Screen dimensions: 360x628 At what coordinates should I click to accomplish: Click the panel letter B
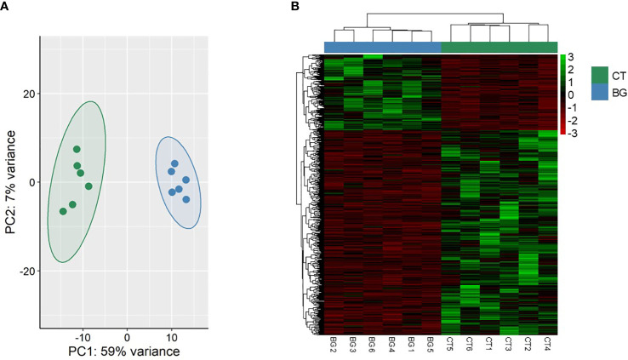pyautogui.click(x=295, y=7)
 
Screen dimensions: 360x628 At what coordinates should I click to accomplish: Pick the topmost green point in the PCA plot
pyautogui.click(x=77, y=150)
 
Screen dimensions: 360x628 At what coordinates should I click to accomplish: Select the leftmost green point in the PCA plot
pyautogui.click(x=63, y=211)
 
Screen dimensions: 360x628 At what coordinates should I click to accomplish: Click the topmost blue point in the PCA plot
pyautogui.click(x=174, y=163)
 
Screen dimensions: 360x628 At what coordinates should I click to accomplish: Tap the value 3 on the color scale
pyautogui.click(x=572, y=58)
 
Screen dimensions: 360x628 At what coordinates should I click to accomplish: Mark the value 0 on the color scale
pyautogui.click(x=572, y=94)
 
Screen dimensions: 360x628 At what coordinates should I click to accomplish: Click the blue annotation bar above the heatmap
pyautogui.click(x=382, y=47)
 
